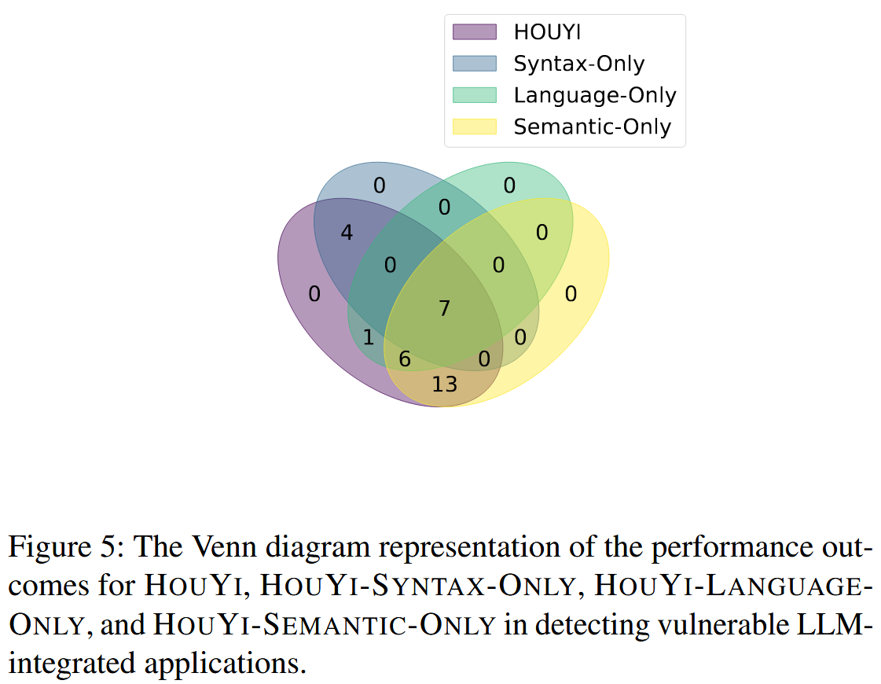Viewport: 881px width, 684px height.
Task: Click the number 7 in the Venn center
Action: point(444,308)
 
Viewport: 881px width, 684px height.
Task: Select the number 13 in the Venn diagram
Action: point(444,384)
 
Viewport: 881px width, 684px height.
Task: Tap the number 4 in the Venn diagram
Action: point(347,233)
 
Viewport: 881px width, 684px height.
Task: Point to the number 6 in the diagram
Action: point(405,359)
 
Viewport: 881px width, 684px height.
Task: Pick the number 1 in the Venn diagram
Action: point(368,339)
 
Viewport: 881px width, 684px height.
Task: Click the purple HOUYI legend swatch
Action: point(475,31)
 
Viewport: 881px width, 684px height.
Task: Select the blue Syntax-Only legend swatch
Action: point(475,63)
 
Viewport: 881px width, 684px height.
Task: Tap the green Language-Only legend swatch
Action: point(475,95)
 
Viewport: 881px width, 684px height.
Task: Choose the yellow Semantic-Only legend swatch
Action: point(475,127)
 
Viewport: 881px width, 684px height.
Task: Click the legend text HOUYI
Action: point(547,32)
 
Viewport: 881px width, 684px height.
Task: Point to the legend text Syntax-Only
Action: point(579,64)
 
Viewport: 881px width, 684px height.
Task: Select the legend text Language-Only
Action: point(595,95)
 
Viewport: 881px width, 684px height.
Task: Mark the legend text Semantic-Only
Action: point(593,127)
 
